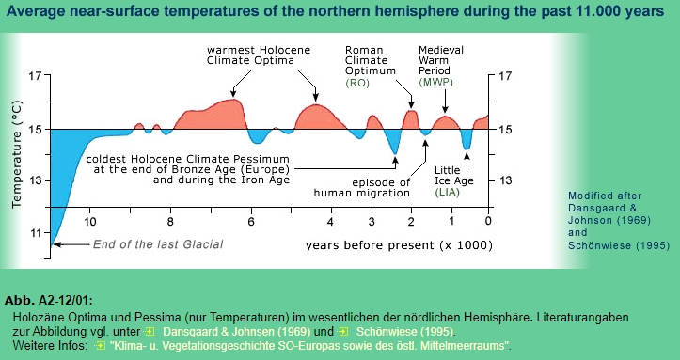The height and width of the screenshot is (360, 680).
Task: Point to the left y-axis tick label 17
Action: click(35, 76)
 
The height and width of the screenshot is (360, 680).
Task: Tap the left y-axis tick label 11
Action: click(35, 232)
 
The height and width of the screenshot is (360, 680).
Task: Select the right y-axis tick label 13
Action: click(504, 180)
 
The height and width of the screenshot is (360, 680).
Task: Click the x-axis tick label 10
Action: click(90, 223)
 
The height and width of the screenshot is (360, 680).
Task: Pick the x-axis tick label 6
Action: click(250, 223)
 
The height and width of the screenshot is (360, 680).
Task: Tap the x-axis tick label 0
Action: click(488, 223)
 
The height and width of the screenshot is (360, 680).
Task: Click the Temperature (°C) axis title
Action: click(16, 155)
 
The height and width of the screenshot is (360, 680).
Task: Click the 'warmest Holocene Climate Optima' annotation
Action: click(252, 55)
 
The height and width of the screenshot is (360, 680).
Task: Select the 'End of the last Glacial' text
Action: click(157, 244)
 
